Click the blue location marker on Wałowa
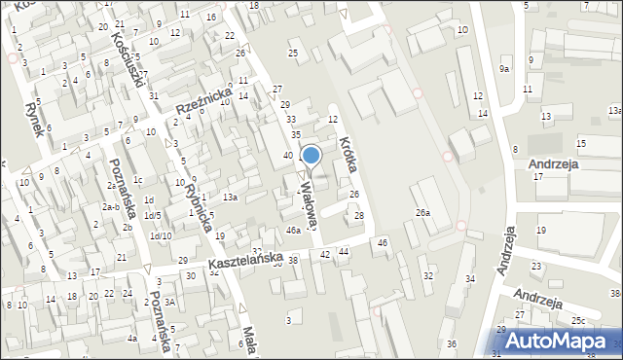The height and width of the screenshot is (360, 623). [x=311, y=155]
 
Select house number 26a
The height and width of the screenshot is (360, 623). [x=422, y=213]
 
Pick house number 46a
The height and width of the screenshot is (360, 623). [x=293, y=231]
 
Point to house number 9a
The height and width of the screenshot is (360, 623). [x=504, y=69]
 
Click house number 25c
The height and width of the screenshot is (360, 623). [x=578, y=320]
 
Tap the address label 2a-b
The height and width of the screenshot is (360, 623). [x=110, y=207]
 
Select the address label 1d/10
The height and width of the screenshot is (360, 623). [x=161, y=236]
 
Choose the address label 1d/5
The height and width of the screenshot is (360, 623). [x=153, y=216]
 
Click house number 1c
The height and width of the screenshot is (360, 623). [x=138, y=180]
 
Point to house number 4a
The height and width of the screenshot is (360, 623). [x=131, y=339]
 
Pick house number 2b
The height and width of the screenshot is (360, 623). [x=128, y=228]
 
